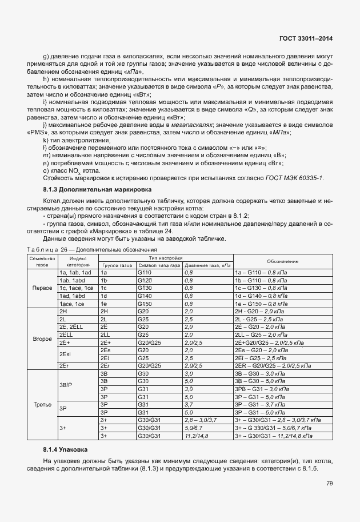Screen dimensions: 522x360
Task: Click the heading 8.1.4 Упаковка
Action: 63,451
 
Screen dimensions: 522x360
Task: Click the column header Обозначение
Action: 282,261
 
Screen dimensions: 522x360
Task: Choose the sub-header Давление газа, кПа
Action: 207,265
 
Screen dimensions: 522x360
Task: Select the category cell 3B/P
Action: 66,385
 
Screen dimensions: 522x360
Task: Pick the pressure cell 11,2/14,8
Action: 197,436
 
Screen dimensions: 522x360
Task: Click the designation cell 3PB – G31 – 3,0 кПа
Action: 262,389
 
